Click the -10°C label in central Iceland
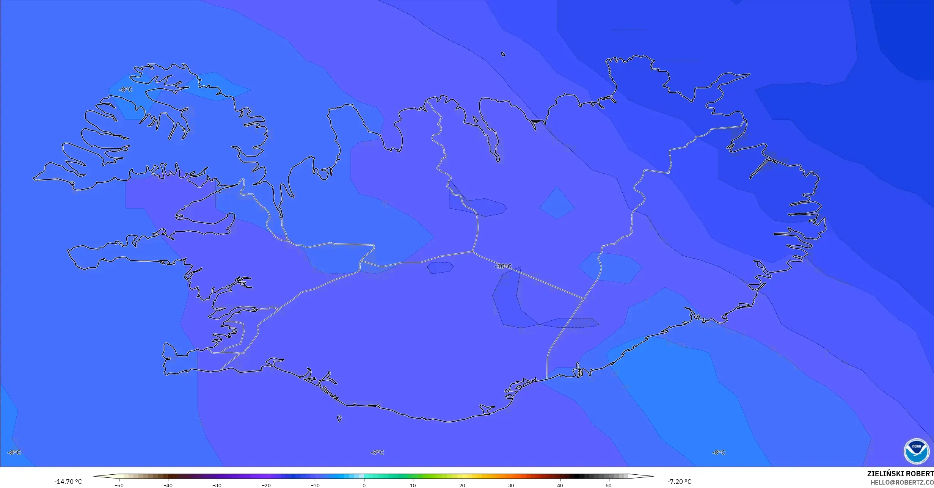tap(503, 266)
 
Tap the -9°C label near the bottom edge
tap(377, 452)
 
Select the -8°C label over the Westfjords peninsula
tap(126, 89)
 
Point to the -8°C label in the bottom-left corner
tap(14, 452)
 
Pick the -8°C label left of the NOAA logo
tap(718, 452)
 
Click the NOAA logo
tap(916, 451)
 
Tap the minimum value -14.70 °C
tap(68, 482)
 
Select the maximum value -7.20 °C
tap(679, 482)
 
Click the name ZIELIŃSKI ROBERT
tap(900, 474)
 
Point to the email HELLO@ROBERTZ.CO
tap(902, 482)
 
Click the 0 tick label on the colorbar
tap(364, 485)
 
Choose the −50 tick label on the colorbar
tap(119, 485)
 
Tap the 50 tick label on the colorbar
tap(609, 485)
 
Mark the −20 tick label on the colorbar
tap(266, 485)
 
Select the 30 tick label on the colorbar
tap(511, 485)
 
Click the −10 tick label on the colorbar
tap(315, 485)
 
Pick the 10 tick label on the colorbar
tap(413, 485)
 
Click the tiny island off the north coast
tap(503, 54)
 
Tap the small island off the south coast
tap(339, 419)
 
